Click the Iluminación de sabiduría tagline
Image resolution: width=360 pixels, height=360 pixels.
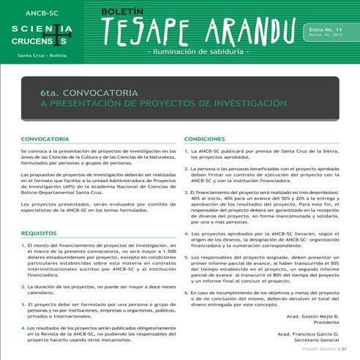198,53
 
